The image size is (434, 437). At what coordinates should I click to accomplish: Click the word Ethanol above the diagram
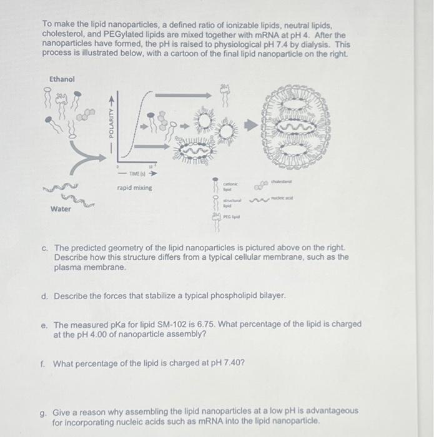click(62, 79)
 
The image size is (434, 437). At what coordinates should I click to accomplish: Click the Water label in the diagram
click(61, 209)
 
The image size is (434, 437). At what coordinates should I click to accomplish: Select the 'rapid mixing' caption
click(134, 187)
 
